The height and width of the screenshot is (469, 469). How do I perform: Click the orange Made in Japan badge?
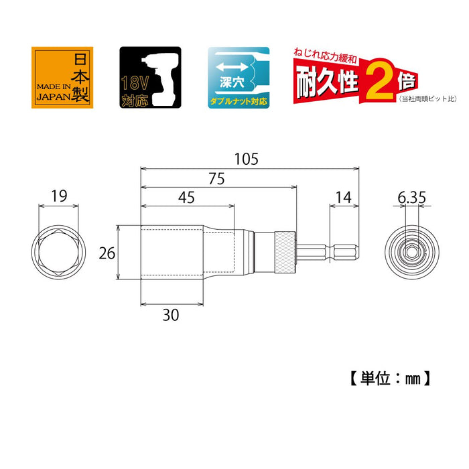[x=60, y=78]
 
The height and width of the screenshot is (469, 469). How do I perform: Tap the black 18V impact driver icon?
[x=150, y=78]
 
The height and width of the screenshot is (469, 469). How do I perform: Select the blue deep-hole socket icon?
[x=239, y=78]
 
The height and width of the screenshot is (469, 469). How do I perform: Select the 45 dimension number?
[x=188, y=199]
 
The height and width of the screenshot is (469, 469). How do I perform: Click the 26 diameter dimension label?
[x=107, y=253]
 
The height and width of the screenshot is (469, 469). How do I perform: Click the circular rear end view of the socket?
[x=411, y=253]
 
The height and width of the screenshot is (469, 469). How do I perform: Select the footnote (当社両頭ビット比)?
[x=427, y=99]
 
